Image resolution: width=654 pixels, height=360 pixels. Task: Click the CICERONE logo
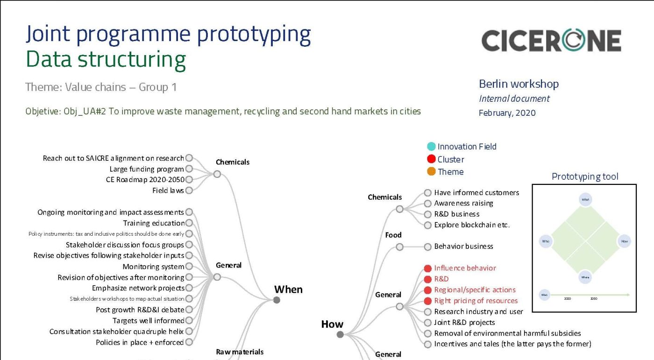(x=551, y=41)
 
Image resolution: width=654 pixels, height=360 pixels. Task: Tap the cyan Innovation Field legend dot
(x=431, y=147)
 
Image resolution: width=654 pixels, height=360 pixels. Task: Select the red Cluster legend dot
(x=431, y=159)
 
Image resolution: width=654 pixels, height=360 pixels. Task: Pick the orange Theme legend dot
(x=431, y=172)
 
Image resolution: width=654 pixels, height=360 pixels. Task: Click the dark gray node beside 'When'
(x=277, y=300)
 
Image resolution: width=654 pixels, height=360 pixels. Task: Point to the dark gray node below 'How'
(x=340, y=334)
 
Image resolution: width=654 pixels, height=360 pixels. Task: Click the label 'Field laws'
(x=168, y=191)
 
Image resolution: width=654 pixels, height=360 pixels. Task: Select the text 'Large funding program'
(x=147, y=169)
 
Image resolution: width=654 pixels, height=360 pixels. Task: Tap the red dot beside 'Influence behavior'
(x=427, y=268)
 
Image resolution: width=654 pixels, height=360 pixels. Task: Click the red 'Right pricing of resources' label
(x=476, y=301)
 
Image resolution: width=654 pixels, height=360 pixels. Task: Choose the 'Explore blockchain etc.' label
(x=472, y=225)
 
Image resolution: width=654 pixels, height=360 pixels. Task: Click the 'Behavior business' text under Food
(x=463, y=247)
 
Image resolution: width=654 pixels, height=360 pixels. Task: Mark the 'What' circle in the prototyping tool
(x=585, y=200)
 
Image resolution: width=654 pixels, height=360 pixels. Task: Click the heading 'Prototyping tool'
(x=585, y=176)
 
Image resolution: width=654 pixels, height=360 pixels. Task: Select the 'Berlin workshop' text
(x=519, y=84)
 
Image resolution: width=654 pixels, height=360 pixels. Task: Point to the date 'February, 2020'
(x=507, y=113)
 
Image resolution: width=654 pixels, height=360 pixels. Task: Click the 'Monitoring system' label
(x=153, y=267)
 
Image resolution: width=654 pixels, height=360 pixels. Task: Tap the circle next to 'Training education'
(x=189, y=223)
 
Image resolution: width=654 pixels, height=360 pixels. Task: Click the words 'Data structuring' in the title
(x=106, y=60)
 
